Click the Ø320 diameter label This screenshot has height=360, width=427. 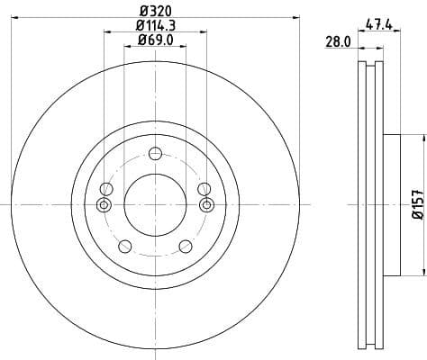pyautogui.click(x=155, y=10)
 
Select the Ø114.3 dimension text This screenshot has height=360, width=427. pyautogui.click(x=155, y=25)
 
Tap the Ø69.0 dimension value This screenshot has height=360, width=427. pyautogui.click(x=155, y=40)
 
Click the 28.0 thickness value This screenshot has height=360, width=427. pyautogui.click(x=336, y=42)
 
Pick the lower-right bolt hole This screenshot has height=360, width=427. pyautogui.click(x=186, y=246)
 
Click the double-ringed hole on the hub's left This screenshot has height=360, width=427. pyautogui.click(x=104, y=205)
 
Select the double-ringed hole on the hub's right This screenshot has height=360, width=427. pyautogui.click(x=206, y=205)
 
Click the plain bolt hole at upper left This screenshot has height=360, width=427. pyautogui.click(x=106, y=188)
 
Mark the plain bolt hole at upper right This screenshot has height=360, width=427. pyautogui.click(x=204, y=188)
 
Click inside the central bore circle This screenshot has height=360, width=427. pyautogui.click(x=155, y=205)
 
